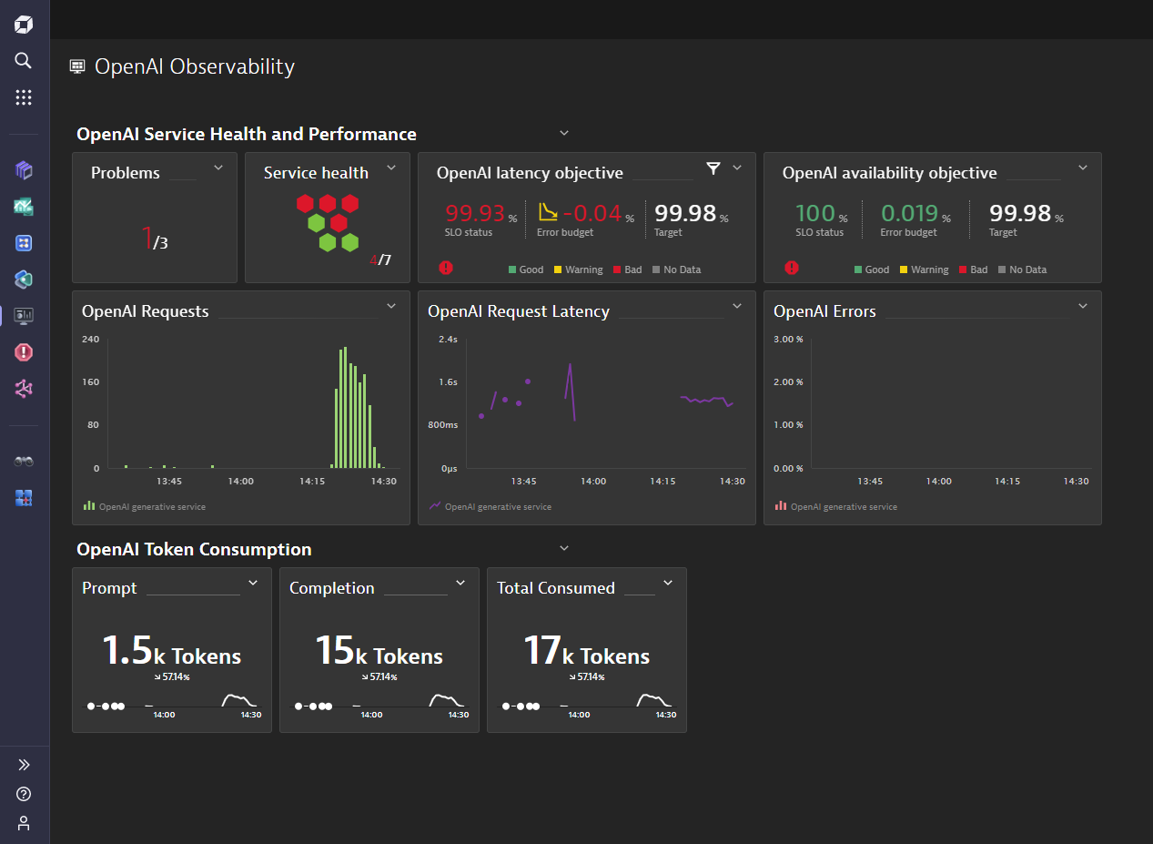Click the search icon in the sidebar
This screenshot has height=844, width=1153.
pyautogui.click(x=24, y=61)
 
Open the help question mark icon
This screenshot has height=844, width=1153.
pyautogui.click(x=24, y=794)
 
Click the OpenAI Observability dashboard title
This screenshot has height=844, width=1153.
pyautogui.click(x=194, y=66)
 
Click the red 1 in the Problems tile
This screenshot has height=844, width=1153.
pyautogui.click(x=147, y=239)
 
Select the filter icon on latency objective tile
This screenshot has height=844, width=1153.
pyautogui.click(x=713, y=168)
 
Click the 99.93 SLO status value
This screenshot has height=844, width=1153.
pyautogui.click(x=475, y=214)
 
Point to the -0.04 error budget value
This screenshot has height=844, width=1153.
pyautogui.click(x=592, y=214)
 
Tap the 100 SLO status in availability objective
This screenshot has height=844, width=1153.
pyautogui.click(x=814, y=214)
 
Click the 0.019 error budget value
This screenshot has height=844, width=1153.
pyautogui.click(x=909, y=214)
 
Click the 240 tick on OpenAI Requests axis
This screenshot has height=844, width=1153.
pyautogui.click(x=90, y=340)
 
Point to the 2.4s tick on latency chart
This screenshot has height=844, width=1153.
pyautogui.click(x=448, y=340)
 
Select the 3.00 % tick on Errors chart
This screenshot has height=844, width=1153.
pyautogui.click(x=788, y=340)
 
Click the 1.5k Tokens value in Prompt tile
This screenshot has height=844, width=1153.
pyautogui.click(x=171, y=652)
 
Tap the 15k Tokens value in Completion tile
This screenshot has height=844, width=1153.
pyautogui.click(x=379, y=652)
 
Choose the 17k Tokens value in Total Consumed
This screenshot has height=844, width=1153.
pyautogui.click(x=586, y=652)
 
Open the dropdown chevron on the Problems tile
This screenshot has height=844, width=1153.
pyautogui.click(x=217, y=168)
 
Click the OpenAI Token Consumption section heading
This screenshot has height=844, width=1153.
pyautogui.click(x=194, y=549)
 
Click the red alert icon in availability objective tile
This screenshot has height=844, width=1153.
pyautogui.click(x=792, y=268)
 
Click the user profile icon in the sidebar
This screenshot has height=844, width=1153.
pyautogui.click(x=24, y=823)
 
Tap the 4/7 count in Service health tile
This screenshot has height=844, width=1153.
pyautogui.click(x=380, y=260)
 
